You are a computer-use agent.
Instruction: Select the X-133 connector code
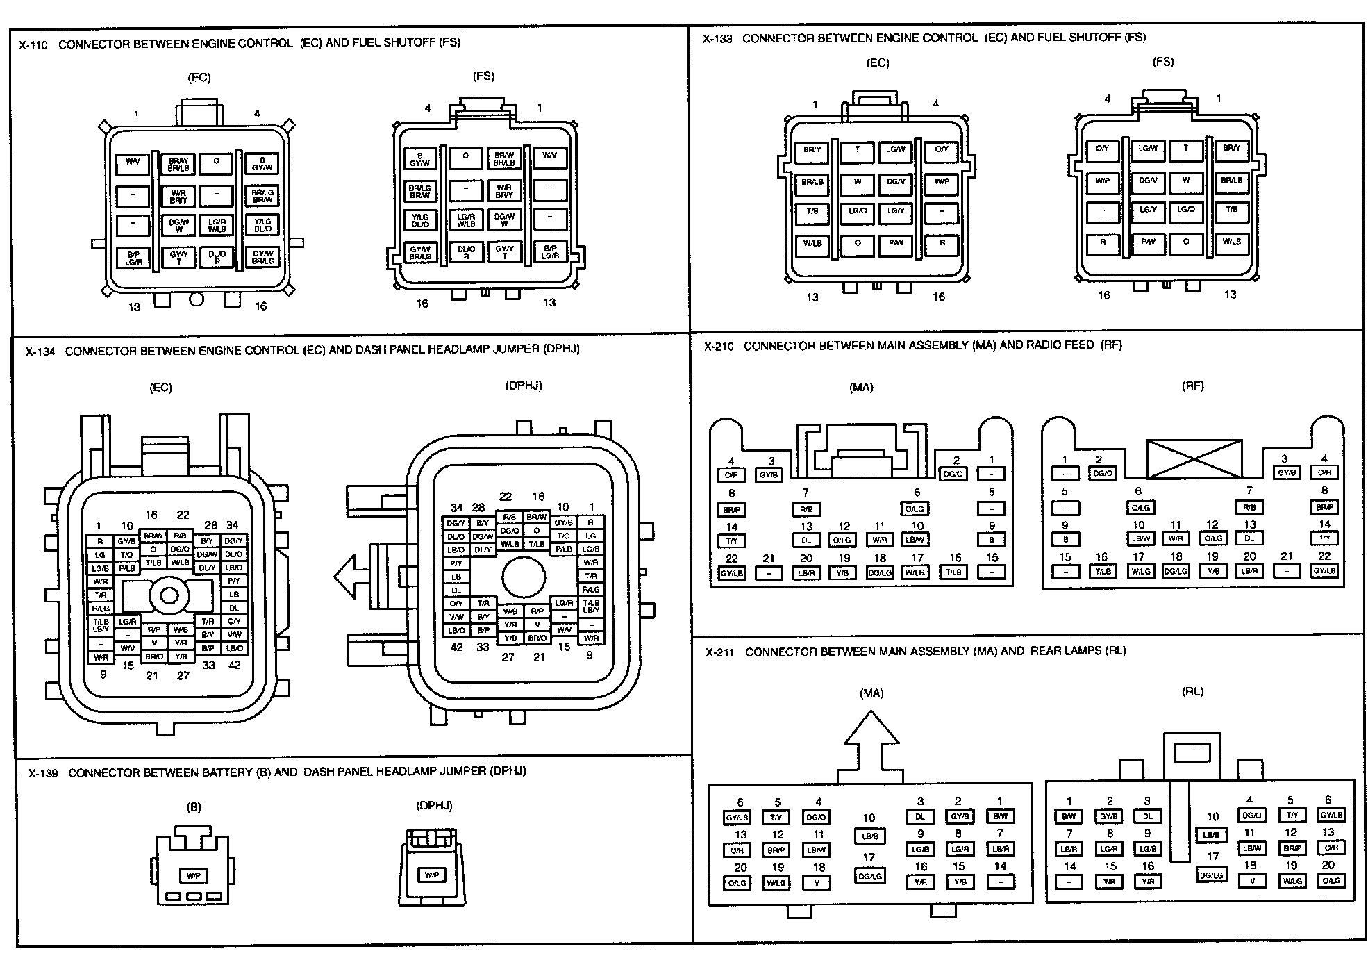coord(717,40)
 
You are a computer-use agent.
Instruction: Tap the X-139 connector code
coord(43,773)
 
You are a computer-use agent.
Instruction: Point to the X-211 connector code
coord(720,652)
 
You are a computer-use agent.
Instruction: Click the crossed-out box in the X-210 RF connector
coord(1194,458)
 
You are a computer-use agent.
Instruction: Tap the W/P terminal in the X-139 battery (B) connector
coord(194,876)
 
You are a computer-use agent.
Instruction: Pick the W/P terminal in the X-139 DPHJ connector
coord(431,875)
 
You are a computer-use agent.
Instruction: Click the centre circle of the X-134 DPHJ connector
coord(524,576)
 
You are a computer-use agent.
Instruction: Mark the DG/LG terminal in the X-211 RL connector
coord(1212,875)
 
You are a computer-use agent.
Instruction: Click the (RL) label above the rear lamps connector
coord(1192,692)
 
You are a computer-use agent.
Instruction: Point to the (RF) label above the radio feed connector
coord(1192,386)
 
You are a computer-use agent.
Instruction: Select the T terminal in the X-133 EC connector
coord(857,150)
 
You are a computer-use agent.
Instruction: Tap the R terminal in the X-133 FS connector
coord(1103,242)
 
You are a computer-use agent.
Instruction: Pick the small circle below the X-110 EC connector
coord(197,299)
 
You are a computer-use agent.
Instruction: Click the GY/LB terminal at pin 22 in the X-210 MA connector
coord(731,574)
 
